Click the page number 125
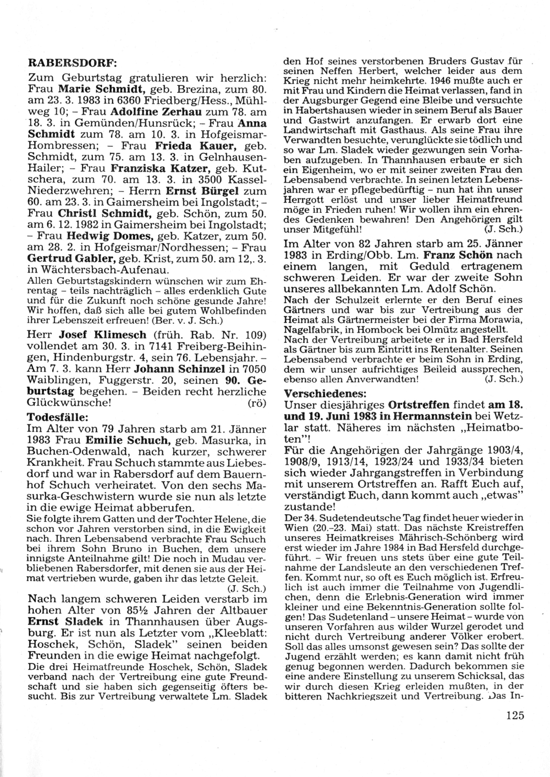513,716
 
